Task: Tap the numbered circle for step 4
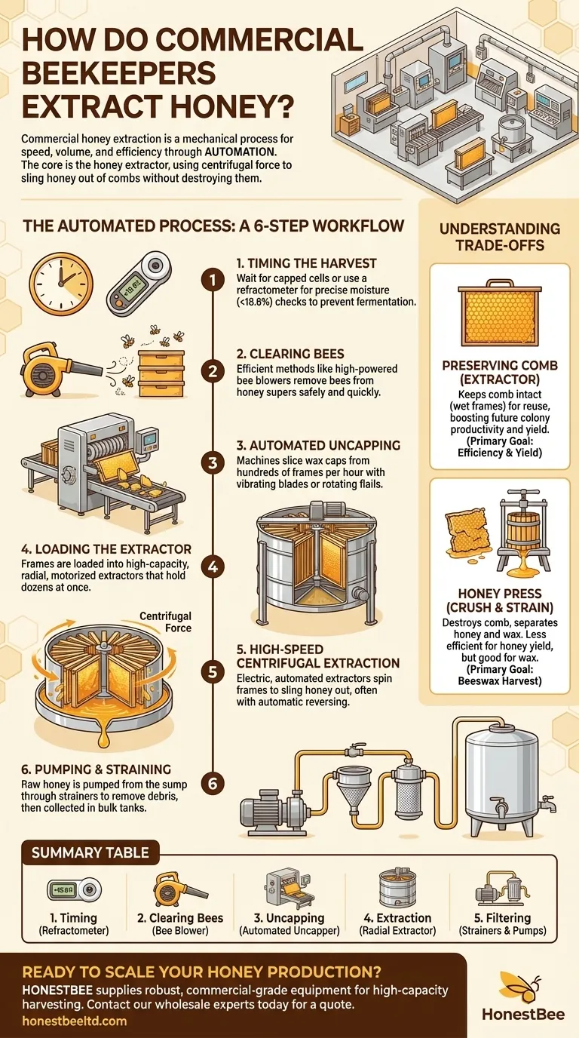tap(213, 566)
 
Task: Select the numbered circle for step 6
tap(213, 784)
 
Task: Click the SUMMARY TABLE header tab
tap(90, 853)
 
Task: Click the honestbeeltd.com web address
tap(75, 1021)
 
